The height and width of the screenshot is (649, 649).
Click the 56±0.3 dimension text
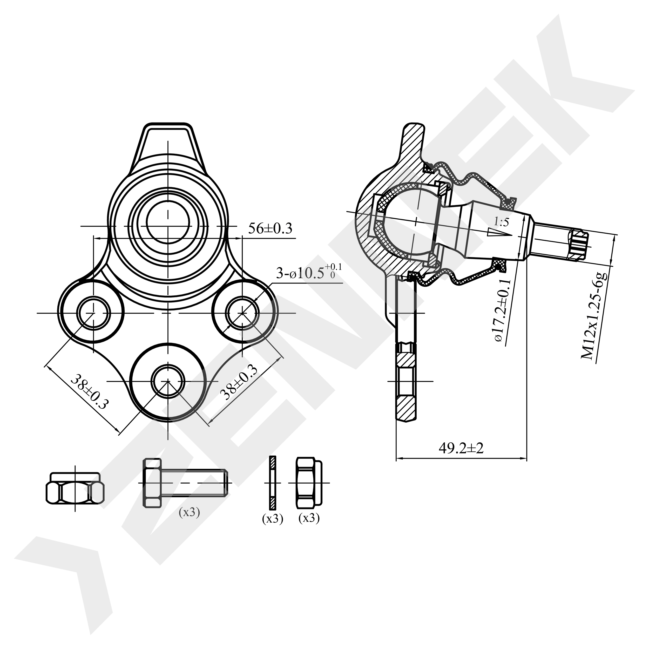tap(270, 228)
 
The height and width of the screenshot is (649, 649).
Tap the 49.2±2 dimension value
tap(461, 448)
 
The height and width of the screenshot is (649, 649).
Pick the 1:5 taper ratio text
tap(502, 222)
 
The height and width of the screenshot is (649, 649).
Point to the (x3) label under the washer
tap(272, 519)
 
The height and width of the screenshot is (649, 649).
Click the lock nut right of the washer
tap(309, 483)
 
